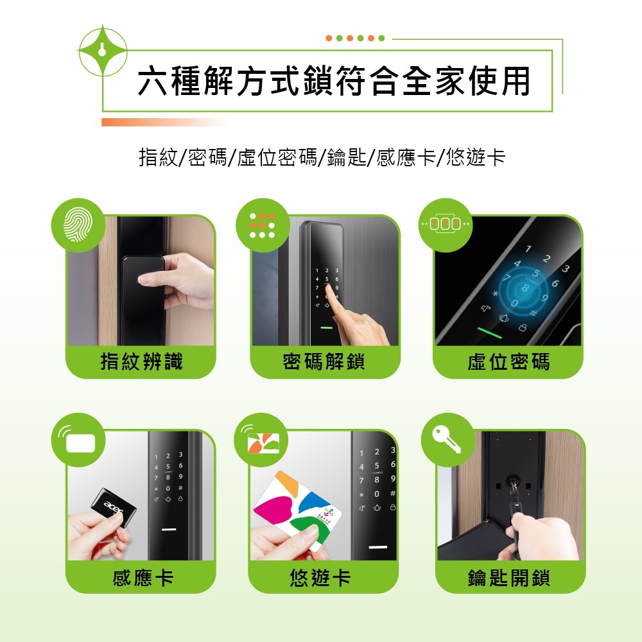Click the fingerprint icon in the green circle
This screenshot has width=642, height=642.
78,224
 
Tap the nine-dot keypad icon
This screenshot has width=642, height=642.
261,224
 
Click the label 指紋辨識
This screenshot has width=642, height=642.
141,362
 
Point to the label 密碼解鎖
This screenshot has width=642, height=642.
324,362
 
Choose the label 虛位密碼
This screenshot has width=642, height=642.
508,362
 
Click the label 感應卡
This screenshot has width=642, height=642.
143,578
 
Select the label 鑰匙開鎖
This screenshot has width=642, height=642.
508,578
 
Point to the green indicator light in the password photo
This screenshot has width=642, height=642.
327,327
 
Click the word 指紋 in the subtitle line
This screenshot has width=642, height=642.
158,157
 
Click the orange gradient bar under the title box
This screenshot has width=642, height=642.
160,122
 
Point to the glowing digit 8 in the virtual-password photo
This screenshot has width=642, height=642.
525,289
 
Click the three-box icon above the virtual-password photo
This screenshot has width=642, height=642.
444,224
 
